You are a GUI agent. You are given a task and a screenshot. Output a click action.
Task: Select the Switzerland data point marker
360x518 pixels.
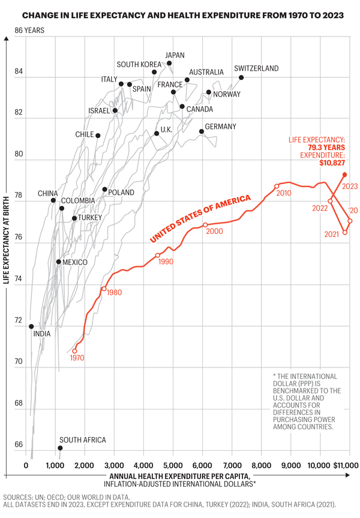pyautogui.click(x=241, y=77)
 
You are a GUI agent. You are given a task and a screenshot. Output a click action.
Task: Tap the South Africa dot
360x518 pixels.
pyautogui.click(x=60, y=448)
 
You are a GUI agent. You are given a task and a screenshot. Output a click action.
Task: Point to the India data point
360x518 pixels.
pyautogui.click(x=31, y=326)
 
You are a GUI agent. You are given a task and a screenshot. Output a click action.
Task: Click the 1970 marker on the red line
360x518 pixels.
pyautogui.click(x=75, y=351)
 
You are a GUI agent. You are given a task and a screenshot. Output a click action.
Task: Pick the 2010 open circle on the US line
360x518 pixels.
pyautogui.click(x=277, y=186)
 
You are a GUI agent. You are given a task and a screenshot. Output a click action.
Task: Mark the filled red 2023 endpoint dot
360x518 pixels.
pyautogui.click(x=344, y=174)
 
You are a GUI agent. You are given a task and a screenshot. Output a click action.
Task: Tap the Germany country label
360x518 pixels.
pyautogui.click(x=220, y=127)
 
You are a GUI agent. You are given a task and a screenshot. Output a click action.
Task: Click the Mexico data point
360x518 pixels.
pyautogui.click(x=58, y=262)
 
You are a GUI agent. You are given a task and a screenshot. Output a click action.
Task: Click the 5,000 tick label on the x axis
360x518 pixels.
pyautogui.click(x=173, y=465)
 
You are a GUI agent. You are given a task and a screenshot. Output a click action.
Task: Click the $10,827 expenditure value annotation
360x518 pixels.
pyautogui.click(x=328, y=163)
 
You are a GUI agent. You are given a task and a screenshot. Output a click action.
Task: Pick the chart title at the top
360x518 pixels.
pyautogui.click(x=179, y=14)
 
